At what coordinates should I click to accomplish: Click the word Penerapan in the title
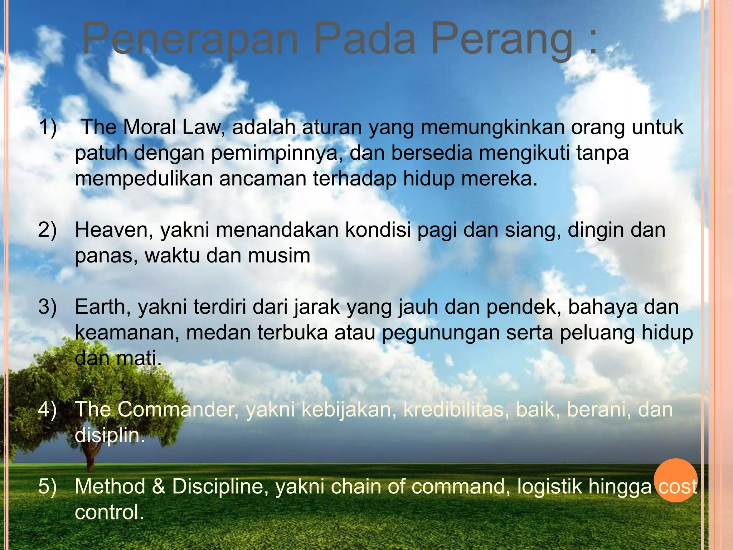190,39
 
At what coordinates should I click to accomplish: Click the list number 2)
48,230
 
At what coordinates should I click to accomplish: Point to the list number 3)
48,307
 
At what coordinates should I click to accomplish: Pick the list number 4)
48,409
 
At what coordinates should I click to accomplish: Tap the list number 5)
48,486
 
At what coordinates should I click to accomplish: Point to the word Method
110,486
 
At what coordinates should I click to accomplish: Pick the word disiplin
109,435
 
